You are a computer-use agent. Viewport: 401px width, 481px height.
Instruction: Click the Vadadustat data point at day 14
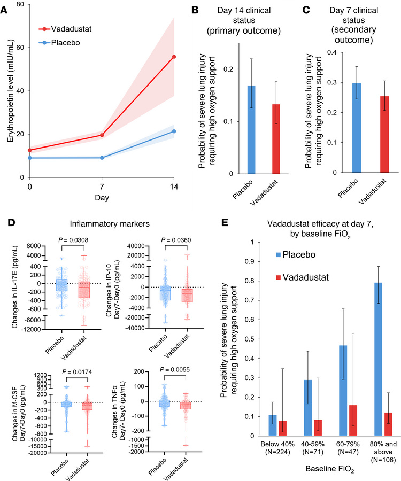click(x=174, y=57)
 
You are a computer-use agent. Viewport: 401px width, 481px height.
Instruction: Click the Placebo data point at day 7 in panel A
click(x=102, y=158)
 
